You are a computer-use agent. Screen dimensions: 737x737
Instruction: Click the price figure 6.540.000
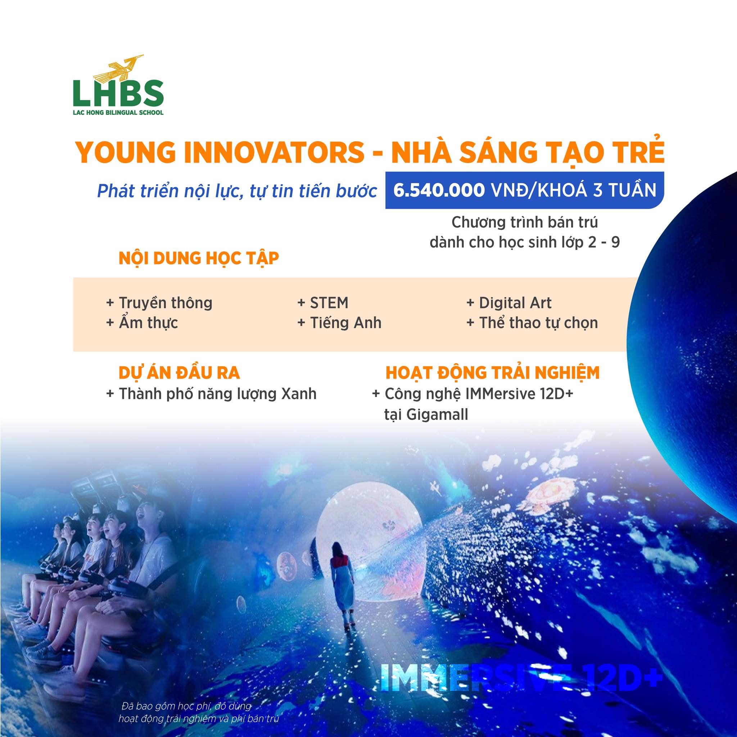[x=439, y=190]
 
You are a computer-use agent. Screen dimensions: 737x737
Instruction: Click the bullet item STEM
[x=323, y=303]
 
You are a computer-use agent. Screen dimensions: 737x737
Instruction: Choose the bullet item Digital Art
[x=508, y=303]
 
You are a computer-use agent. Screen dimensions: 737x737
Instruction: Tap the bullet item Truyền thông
[x=159, y=303]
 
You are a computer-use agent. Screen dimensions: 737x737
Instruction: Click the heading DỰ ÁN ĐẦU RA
[x=179, y=373]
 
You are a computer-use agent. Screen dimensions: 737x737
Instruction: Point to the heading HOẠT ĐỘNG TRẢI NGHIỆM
[x=493, y=373]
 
